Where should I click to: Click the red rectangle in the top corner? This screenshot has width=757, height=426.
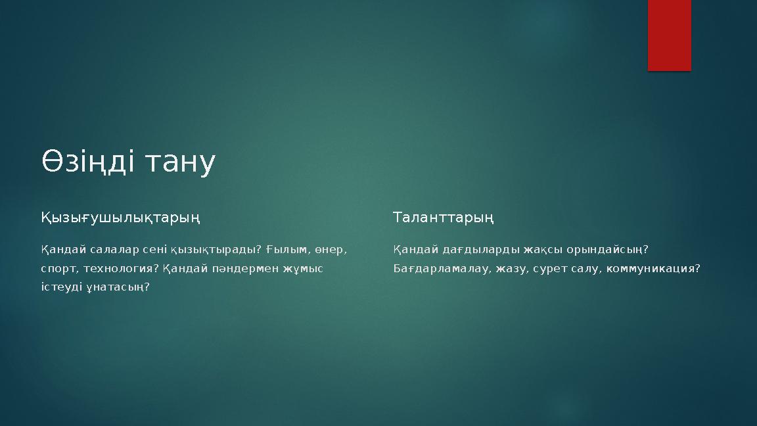tap(669, 35)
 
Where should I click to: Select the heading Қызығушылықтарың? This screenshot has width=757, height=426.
tap(121, 217)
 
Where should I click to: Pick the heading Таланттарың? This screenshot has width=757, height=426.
tap(444, 217)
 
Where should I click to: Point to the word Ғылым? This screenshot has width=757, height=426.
tap(288, 250)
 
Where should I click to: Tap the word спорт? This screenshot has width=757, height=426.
tap(58, 269)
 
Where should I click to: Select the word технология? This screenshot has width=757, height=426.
tap(121, 269)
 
